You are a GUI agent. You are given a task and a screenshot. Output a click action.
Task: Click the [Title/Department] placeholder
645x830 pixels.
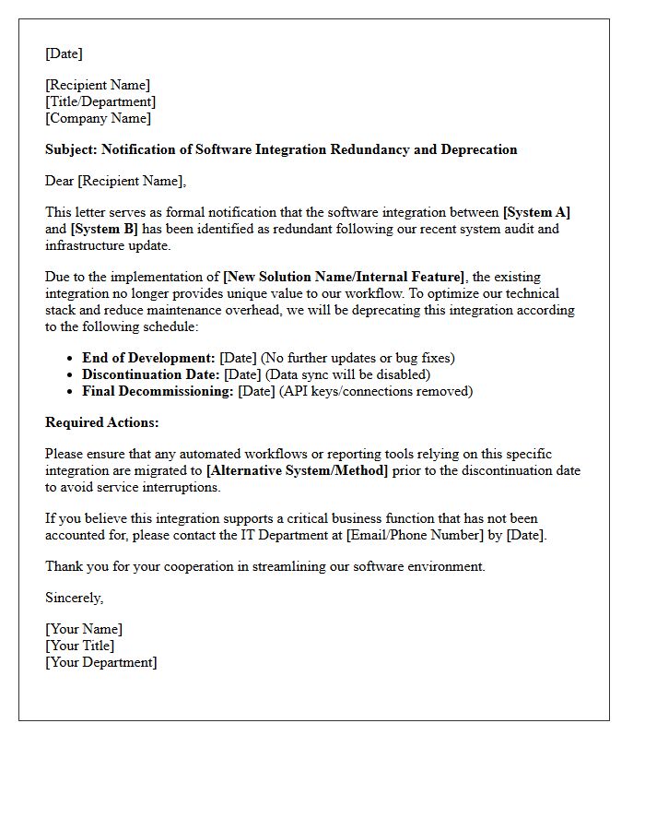click(x=100, y=101)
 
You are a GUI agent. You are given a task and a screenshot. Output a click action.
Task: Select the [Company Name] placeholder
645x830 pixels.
click(x=98, y=118)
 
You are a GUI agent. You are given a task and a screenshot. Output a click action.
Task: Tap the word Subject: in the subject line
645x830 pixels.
click(x=71, y=149)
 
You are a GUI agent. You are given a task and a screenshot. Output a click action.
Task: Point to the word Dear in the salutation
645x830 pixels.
click(x=59, y=181)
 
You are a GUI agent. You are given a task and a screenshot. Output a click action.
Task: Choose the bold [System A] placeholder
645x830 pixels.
click(x=536, y=212)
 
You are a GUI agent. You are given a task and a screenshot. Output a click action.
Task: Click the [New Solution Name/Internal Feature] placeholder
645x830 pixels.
click(x=344, y=277)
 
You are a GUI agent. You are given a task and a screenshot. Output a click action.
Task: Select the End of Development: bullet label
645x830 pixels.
click(x=148, y=358)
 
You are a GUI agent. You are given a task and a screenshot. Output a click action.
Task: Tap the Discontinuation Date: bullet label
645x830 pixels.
click(x=151, y=374)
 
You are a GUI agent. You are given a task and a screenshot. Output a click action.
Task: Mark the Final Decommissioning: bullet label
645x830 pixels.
click(x=158, y=391)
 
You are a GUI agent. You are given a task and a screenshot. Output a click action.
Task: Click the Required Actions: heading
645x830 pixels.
click(x=102, y=422)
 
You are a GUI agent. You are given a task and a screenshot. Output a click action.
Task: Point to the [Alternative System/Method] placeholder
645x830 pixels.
click(x=297, y=470)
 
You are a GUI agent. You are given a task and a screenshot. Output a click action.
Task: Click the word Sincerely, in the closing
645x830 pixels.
click(x=74, y=598)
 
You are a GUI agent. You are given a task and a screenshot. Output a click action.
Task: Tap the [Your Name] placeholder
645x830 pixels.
click(x=84, y=629)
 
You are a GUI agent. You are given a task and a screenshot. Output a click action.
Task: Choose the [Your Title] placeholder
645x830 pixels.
click(x=80, y=646)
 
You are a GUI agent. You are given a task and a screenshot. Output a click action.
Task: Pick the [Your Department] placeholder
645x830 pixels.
click(x=101, y=662)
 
